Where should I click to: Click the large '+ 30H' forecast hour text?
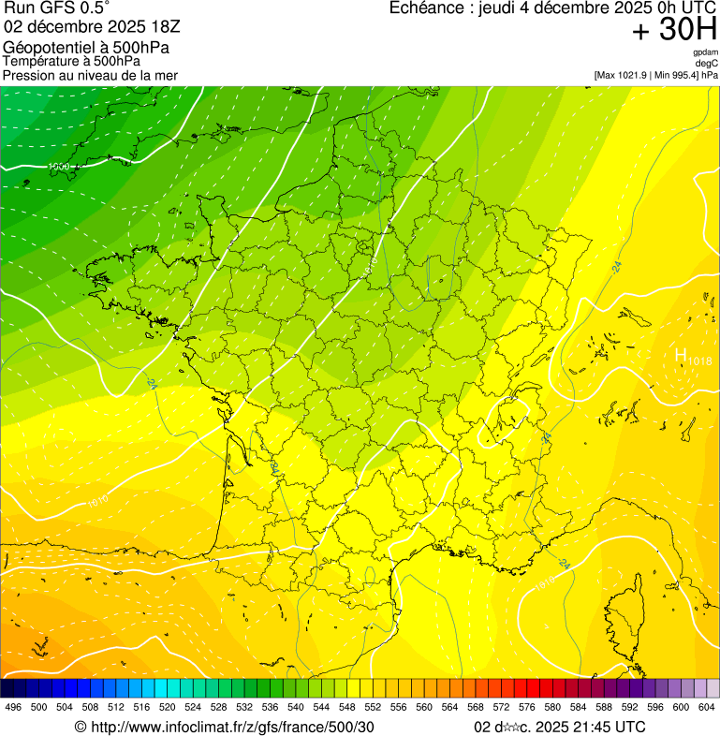coord(674,31)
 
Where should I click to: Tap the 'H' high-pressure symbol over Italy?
coord(681,355)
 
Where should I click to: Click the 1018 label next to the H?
coord(699,361)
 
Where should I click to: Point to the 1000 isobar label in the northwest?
coord(59,167)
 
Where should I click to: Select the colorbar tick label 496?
coord(13,707)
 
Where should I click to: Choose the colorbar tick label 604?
coord(707,707)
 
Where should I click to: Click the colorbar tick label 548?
coord(346,707)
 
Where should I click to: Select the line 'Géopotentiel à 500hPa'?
coord(86,47)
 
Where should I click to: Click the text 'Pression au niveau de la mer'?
coord(90,74)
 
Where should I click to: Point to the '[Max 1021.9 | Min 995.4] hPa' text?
coord(655,74)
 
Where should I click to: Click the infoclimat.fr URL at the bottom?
coord(225,727)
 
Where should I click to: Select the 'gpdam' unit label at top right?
coord(705,52)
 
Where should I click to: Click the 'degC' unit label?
coord(707,63)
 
